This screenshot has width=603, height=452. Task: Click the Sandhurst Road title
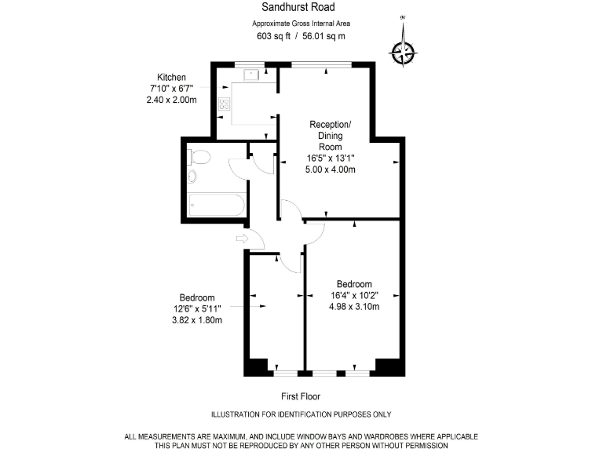(x=301, y=7)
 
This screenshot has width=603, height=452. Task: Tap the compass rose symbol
(x=404, y=51)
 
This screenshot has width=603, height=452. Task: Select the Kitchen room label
(x=172, y=77)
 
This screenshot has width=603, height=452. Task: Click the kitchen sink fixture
(x=252, y=76)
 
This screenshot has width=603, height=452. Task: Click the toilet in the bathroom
(x=199, y=157)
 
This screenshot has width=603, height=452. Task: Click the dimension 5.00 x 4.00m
(x=331, y=169)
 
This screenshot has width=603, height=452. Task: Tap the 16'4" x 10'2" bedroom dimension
(x=354, y=296)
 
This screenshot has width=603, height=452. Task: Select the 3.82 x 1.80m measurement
(x=197, y=320)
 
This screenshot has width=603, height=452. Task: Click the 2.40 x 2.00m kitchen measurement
(x=172, y=100)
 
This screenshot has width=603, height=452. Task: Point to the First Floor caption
(x=301, y=396)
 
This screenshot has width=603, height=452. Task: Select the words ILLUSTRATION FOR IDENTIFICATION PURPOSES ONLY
(x=301, y=414)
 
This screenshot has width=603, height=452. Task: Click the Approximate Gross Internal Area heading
(x=301, y=23)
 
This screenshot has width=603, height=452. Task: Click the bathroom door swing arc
(x=238, y=166)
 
